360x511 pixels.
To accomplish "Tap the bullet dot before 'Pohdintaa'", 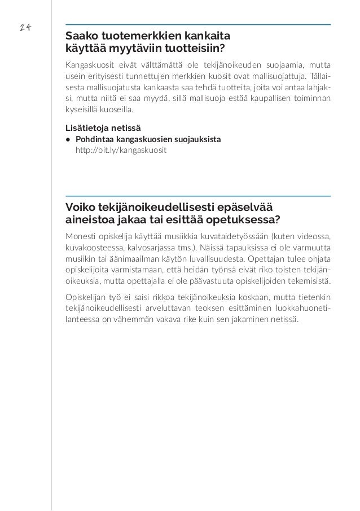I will [x=68, y=139].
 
